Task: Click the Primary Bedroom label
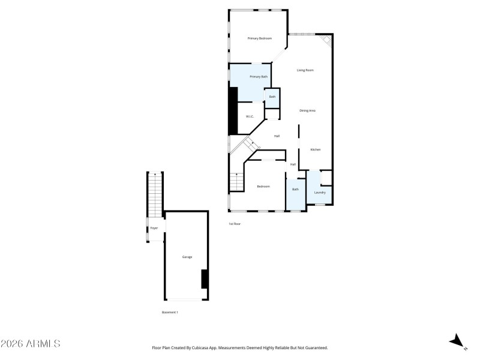coord(260,38)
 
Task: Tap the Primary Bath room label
coord(259,77)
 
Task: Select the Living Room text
coord(305,70)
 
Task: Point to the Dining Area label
coord(308,110)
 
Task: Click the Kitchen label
coord(316,149)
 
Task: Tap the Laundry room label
coord(320,193)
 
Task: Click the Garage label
coord(187,257)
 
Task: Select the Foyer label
coord(154,229)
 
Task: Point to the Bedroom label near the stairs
coord(263,187)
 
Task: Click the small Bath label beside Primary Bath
coord(272,97)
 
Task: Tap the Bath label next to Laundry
coord(295,190)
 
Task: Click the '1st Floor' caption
coord(235,224)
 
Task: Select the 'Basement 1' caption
coord(170,312)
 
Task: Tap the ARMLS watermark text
coord(31,344)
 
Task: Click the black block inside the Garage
coord(205,279)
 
